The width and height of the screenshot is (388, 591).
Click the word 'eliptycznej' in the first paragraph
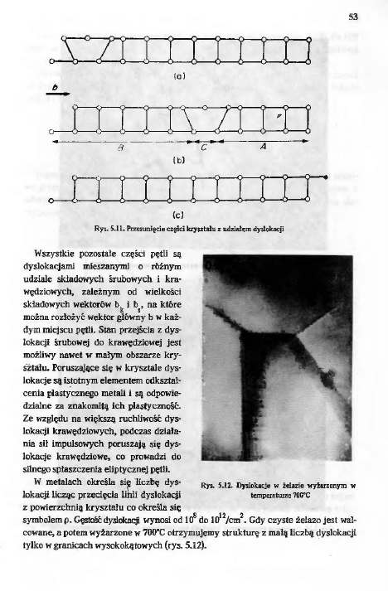click(x=143, y=468)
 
